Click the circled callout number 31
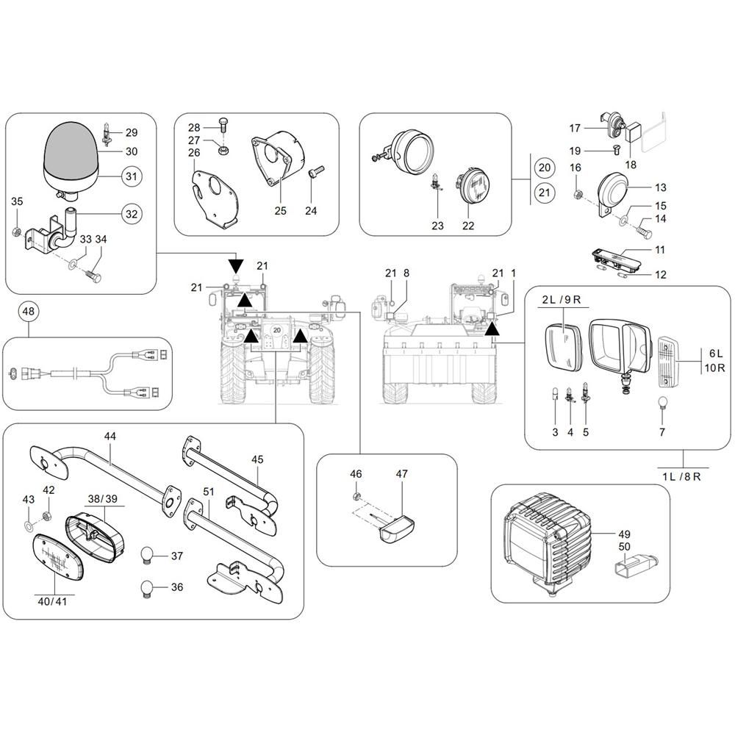(x=130, y=177)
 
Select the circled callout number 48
(x=28, y=312)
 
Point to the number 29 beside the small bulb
(x=132, y=132)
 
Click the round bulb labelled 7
(x=661, y=404)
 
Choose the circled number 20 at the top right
(x=544, y=168)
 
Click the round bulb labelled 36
(x=147, y=587)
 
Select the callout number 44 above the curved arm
(x=110, y=436)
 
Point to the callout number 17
(x=575, y=128)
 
